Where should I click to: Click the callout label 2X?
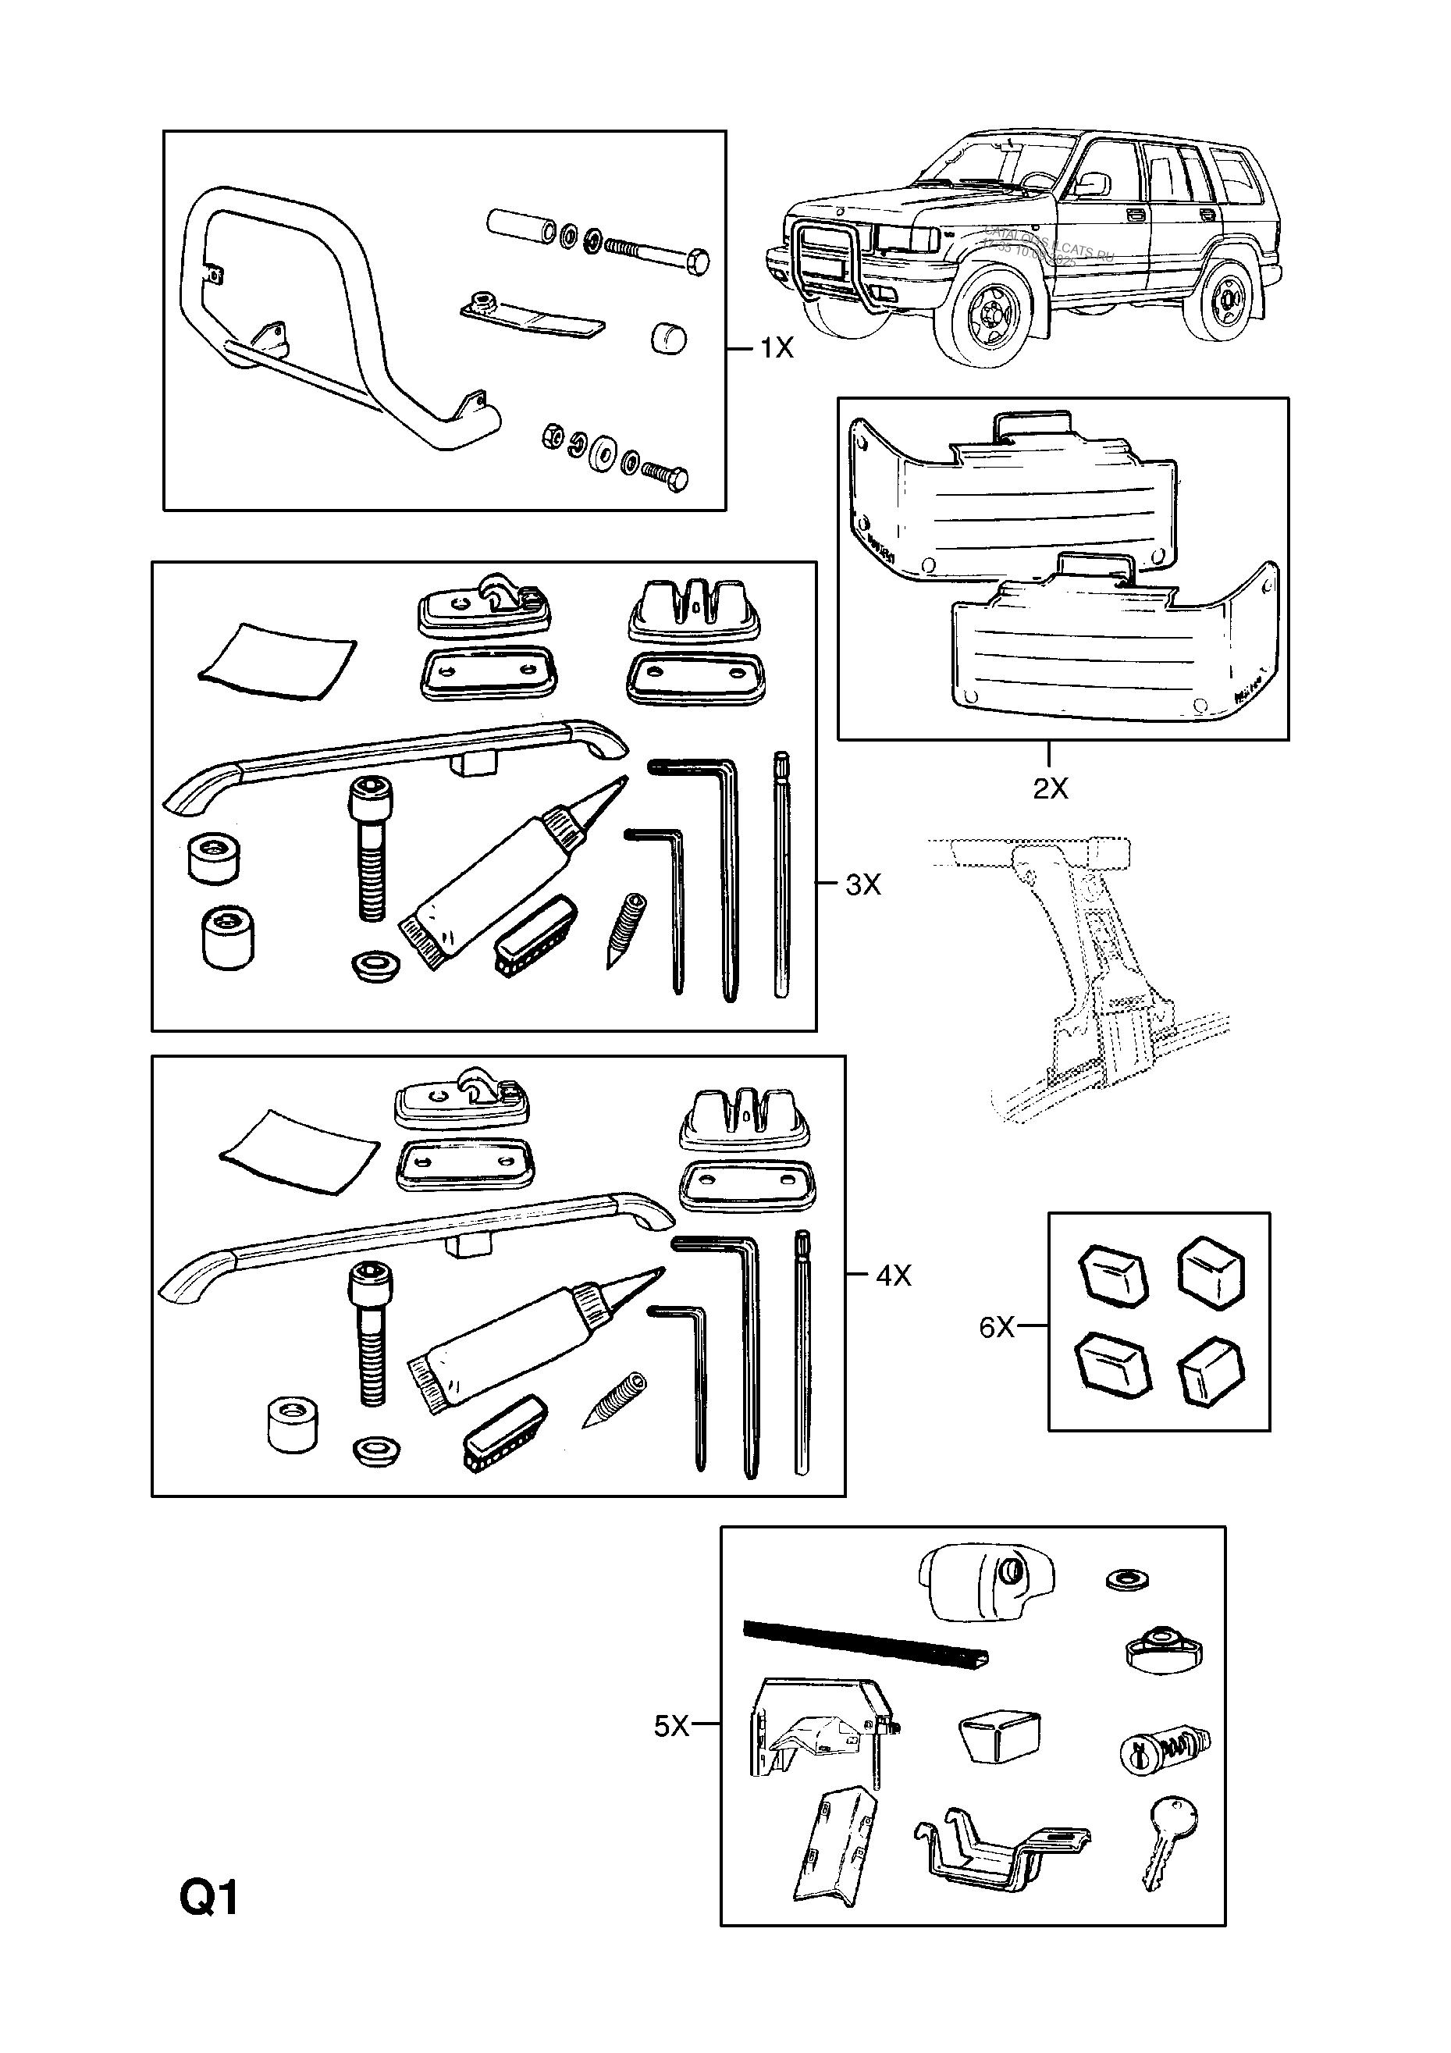click(1050, 788)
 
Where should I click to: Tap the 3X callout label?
click(862, 884)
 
